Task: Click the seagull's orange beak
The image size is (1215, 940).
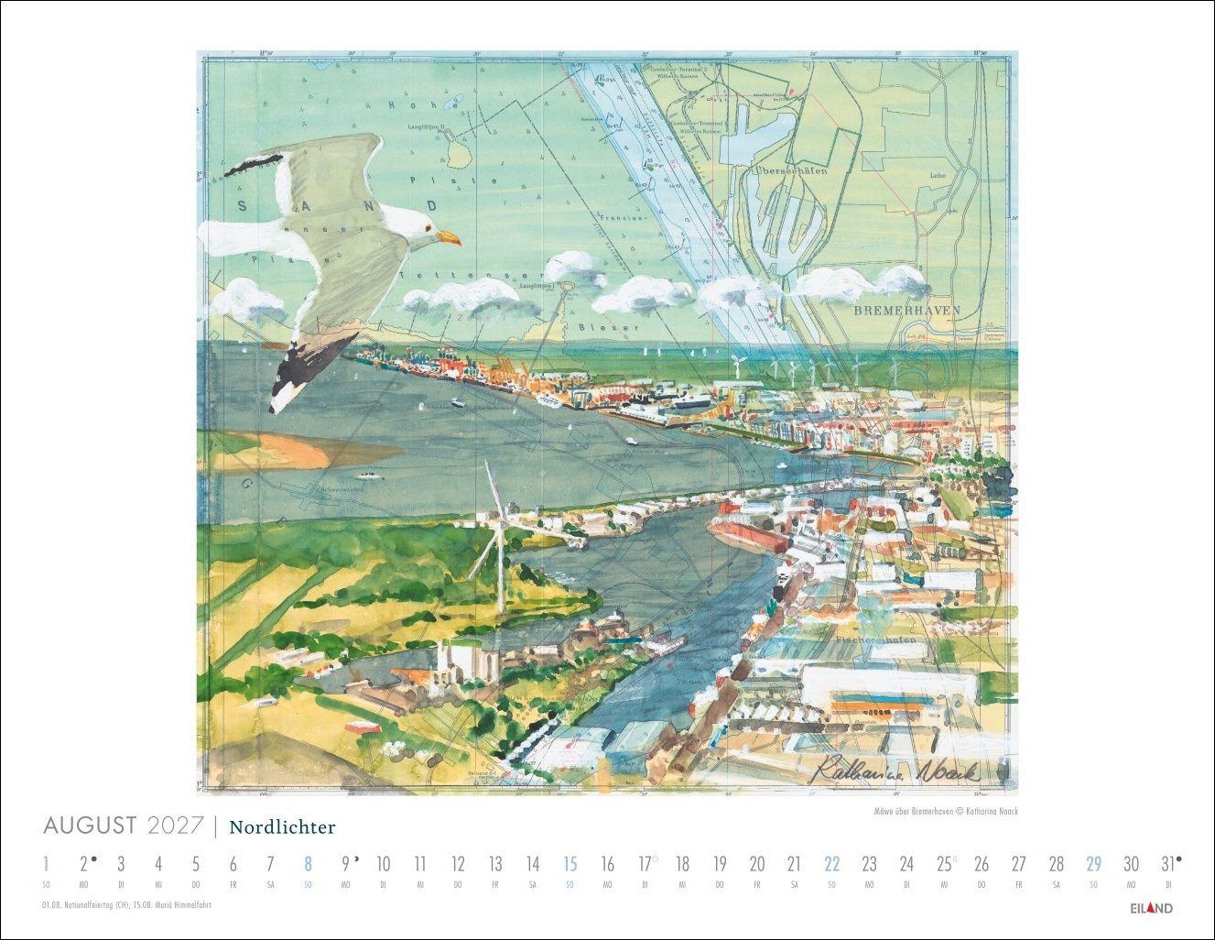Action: [448, 239]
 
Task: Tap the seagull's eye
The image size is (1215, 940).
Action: [424, 231]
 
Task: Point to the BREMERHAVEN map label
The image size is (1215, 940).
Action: [906, 311]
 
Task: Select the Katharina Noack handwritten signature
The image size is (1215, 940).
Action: [896, 771]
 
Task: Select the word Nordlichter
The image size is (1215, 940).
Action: [282, 828]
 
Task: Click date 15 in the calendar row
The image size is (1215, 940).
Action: [570, 864]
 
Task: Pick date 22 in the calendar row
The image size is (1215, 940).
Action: [831, 864]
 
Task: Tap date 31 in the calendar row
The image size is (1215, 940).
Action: [1166, 864]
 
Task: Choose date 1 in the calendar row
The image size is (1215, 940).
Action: [46, 864]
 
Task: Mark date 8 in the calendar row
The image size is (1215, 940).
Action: [308, 864]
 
